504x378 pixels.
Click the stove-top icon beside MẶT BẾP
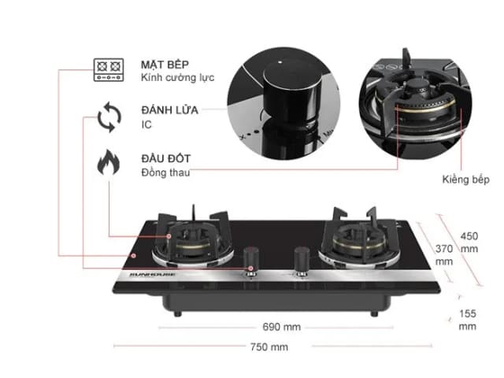pos(109,70)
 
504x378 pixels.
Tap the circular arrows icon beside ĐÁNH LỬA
pos(109,119)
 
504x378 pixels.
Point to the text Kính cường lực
pos(177,78)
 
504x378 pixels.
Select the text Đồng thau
pos(165,172)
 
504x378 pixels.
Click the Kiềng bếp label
pos(466,180)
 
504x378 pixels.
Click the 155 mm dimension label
pos(468,318)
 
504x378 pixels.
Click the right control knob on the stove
pos(301,258)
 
